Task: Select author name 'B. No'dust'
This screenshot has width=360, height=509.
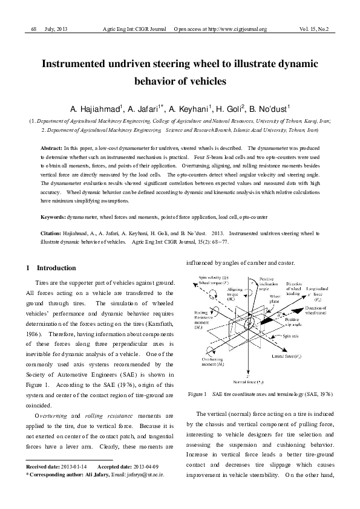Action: tap(269, 109)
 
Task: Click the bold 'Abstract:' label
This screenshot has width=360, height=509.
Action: tap(51, 148)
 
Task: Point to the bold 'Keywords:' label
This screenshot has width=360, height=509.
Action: tap(53, 216)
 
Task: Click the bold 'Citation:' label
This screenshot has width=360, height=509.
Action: tap(51, 232)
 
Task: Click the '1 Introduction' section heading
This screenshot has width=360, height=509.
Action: tap(51, 268)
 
